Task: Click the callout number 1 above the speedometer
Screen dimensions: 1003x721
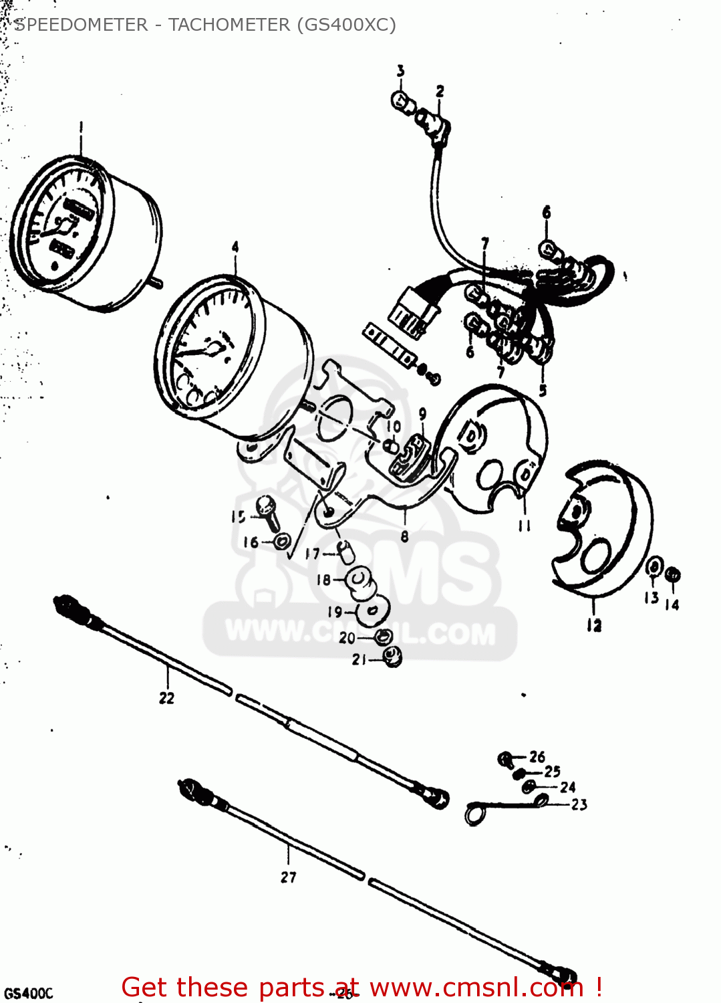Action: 81,127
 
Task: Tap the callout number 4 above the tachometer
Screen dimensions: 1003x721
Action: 235,247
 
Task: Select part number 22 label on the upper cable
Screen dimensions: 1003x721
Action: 166,698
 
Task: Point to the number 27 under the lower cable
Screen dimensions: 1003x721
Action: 288,877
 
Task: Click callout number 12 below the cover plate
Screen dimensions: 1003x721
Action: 594,626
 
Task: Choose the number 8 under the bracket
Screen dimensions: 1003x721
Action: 404,536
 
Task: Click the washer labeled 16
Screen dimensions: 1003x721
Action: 283,540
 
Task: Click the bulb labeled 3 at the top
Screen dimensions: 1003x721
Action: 401,102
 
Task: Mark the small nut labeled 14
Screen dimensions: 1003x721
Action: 674,575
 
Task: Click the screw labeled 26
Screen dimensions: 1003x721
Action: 506,759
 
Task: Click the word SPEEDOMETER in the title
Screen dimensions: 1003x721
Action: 81,25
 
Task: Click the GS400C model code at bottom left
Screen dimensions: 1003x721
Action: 28,993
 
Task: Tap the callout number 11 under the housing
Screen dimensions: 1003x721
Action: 525,526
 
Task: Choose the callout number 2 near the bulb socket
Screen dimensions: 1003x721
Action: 440,92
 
